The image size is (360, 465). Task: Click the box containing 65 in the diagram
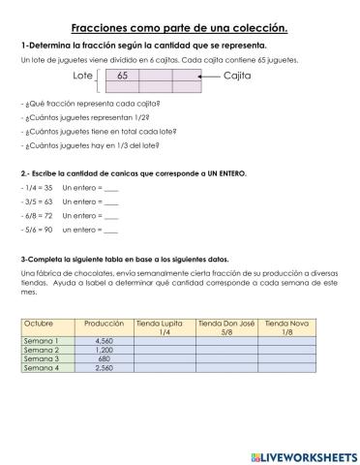(x=122, y=75)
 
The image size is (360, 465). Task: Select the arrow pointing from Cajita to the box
(x=207, y=75)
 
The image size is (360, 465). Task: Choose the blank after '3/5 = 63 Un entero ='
(x=110, y=201)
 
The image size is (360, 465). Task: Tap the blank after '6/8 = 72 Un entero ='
(x=110, y=216)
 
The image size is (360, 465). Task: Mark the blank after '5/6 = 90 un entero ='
(x=110, y=231)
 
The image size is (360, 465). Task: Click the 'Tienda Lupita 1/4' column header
(x=164, y=326)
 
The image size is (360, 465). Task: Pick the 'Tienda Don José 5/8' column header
(x=225, y=326)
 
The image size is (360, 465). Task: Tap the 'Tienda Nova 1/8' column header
(x=286, y=326)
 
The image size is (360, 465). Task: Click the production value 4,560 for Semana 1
(x=105, y=341)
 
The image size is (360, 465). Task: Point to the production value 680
(x=105, y=358)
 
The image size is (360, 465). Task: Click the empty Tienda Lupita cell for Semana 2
(x=164, y=350)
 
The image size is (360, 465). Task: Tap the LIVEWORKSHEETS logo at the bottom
(x=303, y=454)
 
